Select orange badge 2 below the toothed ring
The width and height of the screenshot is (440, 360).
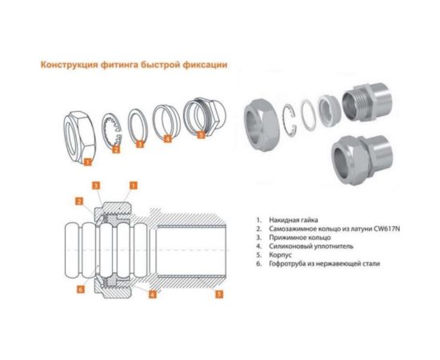tap(116, 149)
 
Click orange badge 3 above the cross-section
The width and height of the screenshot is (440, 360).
tap(95, 186)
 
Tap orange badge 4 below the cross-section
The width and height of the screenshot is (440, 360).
tap(152, 294)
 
